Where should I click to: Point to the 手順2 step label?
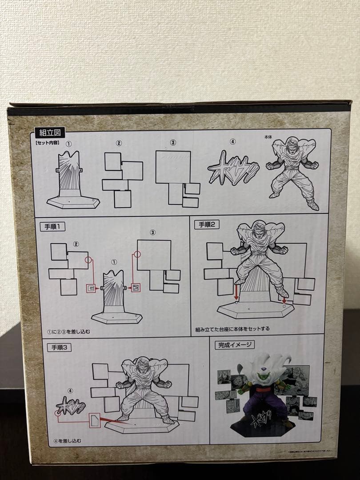(x=207, y=224)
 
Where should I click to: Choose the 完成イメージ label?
(x=235, y=345)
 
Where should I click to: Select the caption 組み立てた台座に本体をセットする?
(x=232, y=329)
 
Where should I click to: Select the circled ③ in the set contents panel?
(x=173, y=143)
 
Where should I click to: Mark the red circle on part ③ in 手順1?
(x=137, y=254)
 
